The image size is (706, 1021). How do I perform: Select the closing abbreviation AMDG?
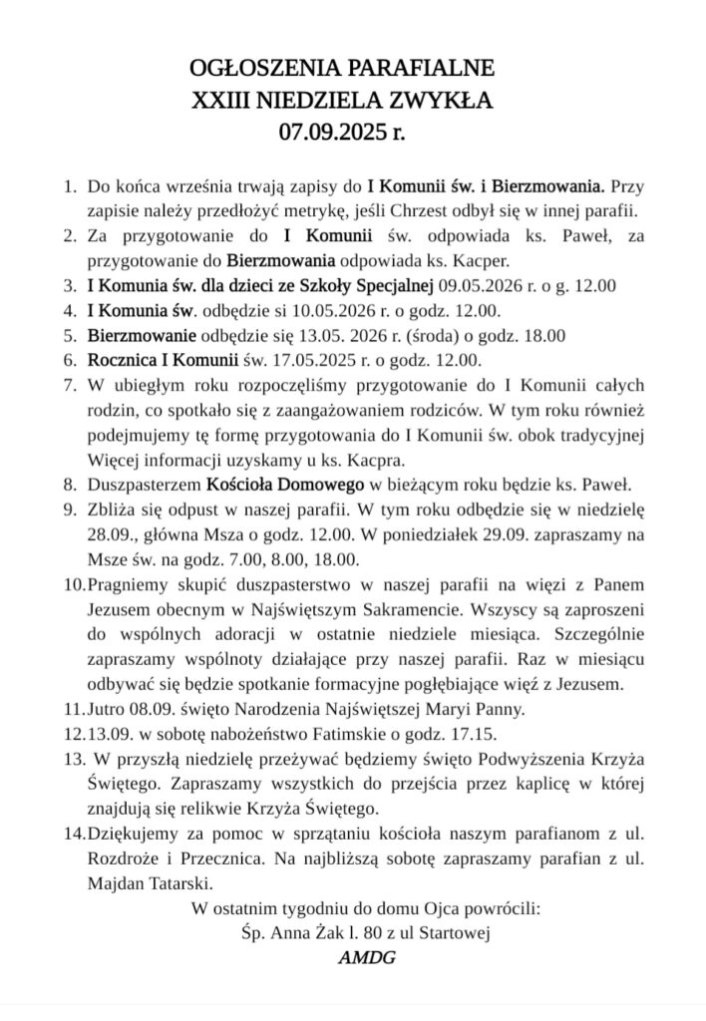tap(366, 958)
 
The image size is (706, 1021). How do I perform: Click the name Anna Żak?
tap(317, 933)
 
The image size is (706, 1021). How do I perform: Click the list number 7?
tap(70, 384)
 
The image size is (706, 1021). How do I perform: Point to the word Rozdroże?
tap(123, 858)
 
